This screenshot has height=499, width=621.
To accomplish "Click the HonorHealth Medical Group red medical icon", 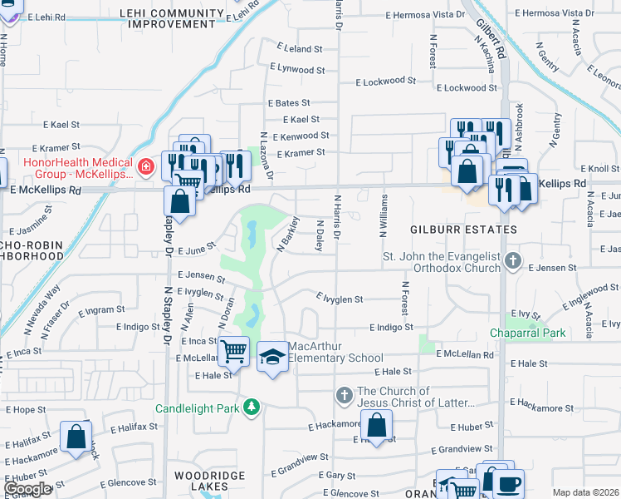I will tap(146, 167).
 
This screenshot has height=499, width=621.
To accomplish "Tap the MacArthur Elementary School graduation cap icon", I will tap(271, 358).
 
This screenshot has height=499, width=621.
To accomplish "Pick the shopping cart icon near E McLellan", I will tap(233, 352).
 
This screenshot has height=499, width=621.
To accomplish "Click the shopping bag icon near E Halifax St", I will tap(76, 437).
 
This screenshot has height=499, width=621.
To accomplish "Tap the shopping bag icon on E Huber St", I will tap(376, 426).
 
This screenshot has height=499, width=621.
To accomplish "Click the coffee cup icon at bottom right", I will tap(509, 482).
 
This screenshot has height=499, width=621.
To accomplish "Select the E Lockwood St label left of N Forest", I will tap(386, 82).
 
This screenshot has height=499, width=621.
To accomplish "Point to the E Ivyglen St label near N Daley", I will tap(340, 299).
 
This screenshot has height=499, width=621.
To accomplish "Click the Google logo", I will tap(27, 489).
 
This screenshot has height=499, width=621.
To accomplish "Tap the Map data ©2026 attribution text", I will tap(585, 492).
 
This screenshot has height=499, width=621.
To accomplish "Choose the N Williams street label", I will tap(384, 216).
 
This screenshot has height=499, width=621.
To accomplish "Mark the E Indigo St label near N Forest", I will tap(392, 328).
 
